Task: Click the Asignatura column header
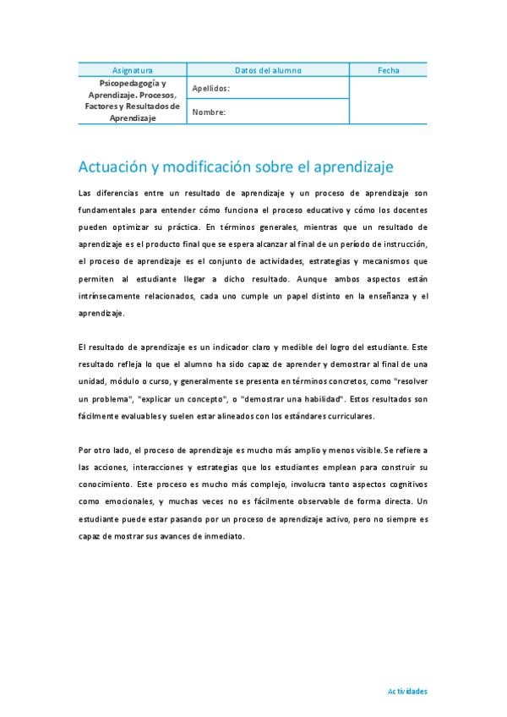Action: coord(133,70)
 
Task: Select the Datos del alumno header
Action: coord(268,70)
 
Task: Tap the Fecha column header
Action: coord(389,70)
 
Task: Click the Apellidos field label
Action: coord(210,88)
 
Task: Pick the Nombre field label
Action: coord(209,112)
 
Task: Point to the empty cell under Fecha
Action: coord(389,100)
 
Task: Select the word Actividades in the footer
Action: coord(407,691)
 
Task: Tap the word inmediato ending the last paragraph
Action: coord(221,534)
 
